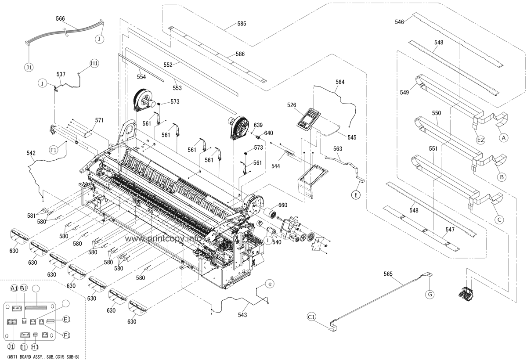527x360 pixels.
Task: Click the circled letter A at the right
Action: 504,137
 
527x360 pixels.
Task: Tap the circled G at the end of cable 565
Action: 430,294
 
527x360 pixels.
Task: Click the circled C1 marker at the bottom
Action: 311,317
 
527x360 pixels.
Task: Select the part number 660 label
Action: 282,205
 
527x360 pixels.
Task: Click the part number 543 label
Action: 242,315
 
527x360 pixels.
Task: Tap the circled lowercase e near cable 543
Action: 270,284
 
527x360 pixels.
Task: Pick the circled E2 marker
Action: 480,140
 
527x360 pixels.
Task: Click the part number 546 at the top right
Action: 399,21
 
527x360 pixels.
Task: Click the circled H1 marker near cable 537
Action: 94,63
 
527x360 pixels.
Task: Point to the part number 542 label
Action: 31,153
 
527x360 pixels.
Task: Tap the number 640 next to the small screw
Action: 268,133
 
